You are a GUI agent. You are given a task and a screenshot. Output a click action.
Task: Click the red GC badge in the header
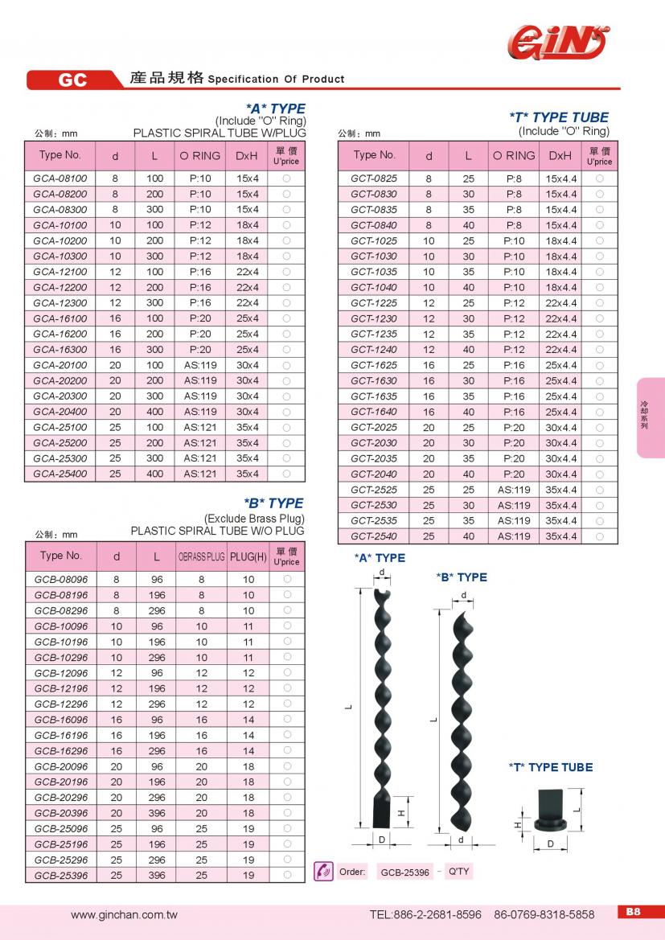(x=72, y=80)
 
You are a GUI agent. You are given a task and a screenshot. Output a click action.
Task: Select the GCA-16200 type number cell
(x=60, y=334)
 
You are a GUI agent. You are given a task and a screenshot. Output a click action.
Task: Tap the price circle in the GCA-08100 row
(x=286, y=178)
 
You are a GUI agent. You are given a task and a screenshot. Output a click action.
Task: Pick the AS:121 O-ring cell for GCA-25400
(x=200, y=474)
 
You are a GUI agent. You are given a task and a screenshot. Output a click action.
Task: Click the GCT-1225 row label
(x=374, y=303)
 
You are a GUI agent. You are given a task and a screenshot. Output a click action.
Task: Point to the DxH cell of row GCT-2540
(x=560, y=536)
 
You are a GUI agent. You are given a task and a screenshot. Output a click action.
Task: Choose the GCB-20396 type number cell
(x=61, y=813)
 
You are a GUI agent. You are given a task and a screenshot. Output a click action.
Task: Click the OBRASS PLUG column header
(x=201, y=556)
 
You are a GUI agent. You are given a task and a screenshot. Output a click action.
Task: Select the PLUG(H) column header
(x=248, y=556)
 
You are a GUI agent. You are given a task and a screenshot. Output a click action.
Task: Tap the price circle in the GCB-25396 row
(x=287, y=875)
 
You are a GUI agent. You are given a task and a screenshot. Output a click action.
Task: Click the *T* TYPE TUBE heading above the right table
(x=559, y=117)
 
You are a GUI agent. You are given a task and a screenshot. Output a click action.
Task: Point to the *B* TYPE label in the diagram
(x=461, y=577)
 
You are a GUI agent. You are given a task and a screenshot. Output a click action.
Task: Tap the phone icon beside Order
(x=323, y=872)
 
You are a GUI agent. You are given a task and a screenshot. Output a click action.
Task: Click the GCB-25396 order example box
(x=404, y=872)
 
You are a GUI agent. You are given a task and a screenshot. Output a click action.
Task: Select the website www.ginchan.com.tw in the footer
(x=124, y=914)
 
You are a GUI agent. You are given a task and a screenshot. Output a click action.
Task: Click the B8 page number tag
(x=633, y=912)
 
